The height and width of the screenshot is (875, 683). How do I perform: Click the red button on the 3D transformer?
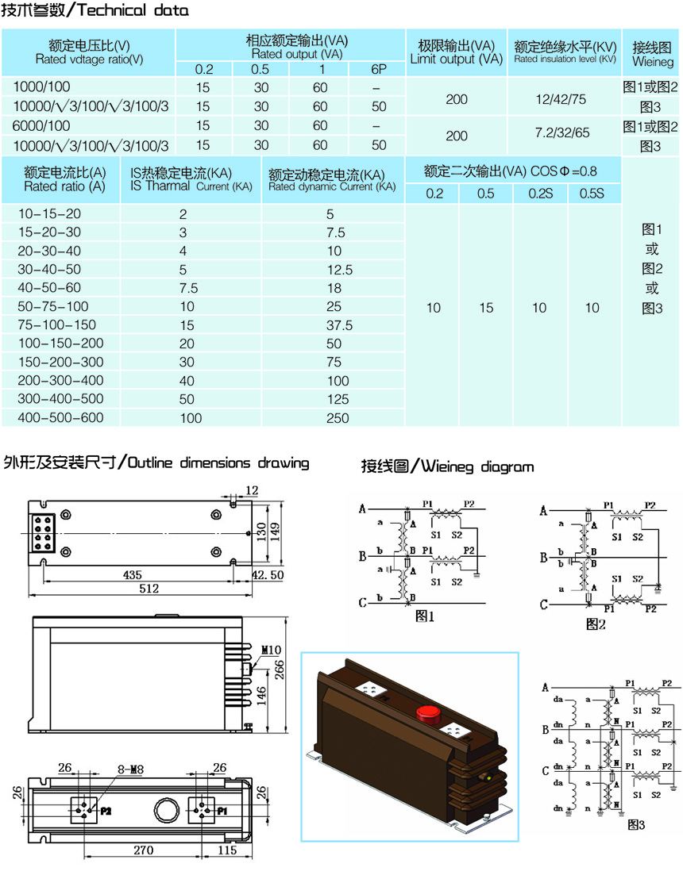pyautogui.click(x=429, y=712)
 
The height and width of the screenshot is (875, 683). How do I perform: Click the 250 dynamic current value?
pyautogui.click(x=339, y=418)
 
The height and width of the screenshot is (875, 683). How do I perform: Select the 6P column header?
pyautogui.click(x=378, y=69)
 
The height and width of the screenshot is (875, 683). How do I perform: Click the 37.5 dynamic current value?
pyautogui.click(x=339, y=325)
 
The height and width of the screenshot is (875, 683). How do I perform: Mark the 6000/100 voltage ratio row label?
pyautogui.click(x=41, y=125)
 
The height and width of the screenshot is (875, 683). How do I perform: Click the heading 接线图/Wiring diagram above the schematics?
pyautogui.click(x=447, y=466)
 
